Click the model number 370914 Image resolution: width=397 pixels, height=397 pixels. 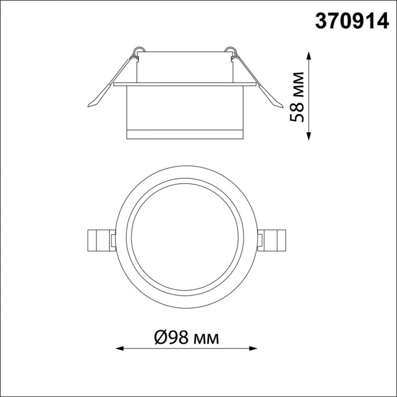(x=352, y=21)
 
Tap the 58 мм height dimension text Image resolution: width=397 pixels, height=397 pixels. (x=296, y=97)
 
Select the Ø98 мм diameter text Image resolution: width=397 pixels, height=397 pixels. (x=187, y=337)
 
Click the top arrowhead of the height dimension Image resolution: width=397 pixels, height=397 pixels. (x=308, y=55)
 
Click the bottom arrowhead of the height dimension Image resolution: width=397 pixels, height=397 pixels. (x=308, y=136)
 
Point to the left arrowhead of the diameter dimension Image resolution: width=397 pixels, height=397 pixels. (x=120, y=349)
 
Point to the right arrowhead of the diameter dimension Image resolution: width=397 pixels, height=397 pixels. (x=253, y=349)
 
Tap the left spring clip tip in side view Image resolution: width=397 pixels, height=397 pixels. (x=88, y=106)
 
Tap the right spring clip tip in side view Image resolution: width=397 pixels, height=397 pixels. (x=282, y=107)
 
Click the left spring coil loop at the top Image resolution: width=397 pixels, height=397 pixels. (x=139, y=50)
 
